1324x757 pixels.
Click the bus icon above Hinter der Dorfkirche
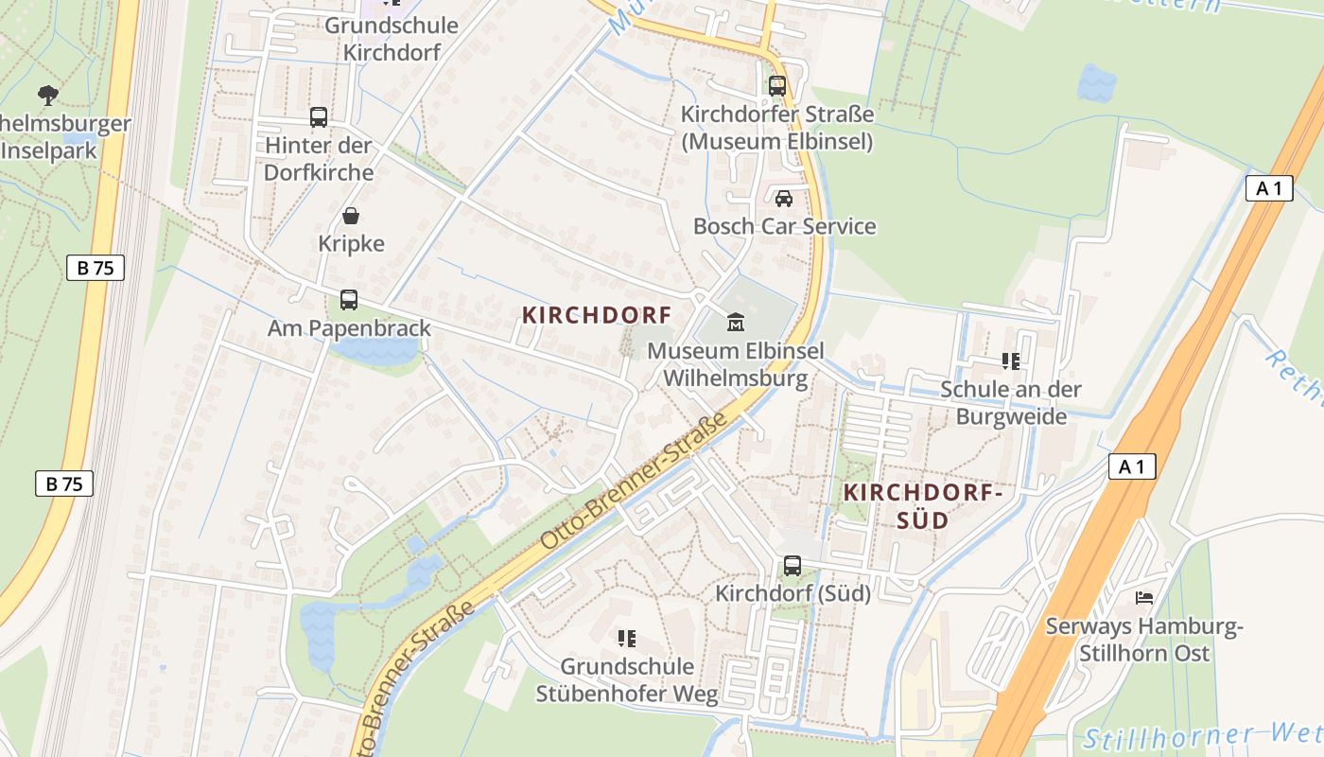pos(319,117)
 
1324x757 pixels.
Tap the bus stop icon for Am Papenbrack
pos(349,300)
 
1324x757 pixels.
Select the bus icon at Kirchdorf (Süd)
pos(793,566)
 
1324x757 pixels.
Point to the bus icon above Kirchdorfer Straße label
pos(777,86)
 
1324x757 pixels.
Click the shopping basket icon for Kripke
pos(351,216)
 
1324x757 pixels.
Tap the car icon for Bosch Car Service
pos(783,199)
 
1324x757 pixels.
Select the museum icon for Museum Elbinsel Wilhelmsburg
pos(735,323)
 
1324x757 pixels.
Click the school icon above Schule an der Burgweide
pos(1011,361)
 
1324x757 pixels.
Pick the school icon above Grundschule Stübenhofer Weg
pos(626,639)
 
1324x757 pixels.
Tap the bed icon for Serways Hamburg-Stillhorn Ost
pos(1144,598)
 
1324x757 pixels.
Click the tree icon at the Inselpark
pos(47,95)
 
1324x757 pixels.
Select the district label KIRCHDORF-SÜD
pos(922,506)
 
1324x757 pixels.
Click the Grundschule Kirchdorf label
pos(392,39)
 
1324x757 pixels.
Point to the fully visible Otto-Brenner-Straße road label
pos(636,481)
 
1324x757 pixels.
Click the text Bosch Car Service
pos(784,227)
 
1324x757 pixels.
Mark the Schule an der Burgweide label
pos(1011,403)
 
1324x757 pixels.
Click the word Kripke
pos(351,244)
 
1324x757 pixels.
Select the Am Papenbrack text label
pos(349,328)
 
